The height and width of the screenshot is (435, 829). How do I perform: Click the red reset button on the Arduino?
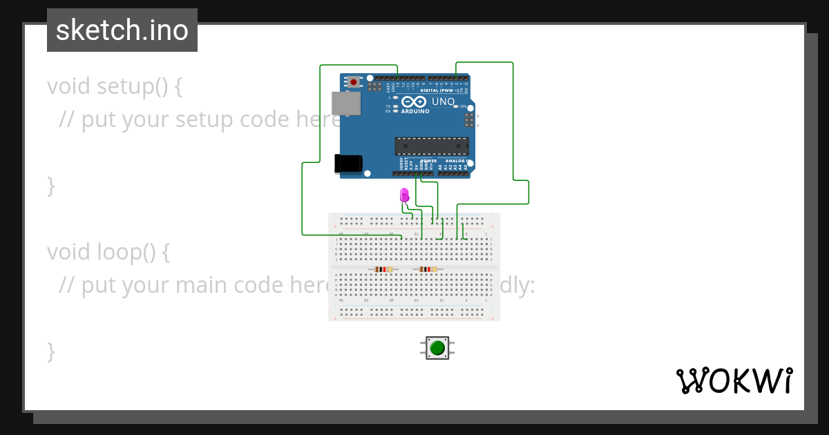(x=354, y=81)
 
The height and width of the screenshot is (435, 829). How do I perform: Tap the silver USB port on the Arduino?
(x=345, y=104)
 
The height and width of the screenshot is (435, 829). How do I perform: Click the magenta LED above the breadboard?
(x=405, y=195)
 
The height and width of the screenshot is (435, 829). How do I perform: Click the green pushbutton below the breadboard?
(x=437, y=347)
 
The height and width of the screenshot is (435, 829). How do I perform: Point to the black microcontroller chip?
(x=432, y=146)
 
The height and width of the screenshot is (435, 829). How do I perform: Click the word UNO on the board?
(x=443, y=101)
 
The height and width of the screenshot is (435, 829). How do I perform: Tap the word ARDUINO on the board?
(x=415, y=110)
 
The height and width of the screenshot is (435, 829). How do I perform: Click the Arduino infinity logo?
(x=414, y=101)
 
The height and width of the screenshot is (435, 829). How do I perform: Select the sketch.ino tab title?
(x=122, y=30)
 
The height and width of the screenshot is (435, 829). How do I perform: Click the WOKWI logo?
(x=734, y=380)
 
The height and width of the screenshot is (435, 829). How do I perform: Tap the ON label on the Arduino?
(x=464, y=106)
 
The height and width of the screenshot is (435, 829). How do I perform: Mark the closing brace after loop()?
(x=50, y=351)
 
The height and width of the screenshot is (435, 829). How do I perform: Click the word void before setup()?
(x=68, y=86)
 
